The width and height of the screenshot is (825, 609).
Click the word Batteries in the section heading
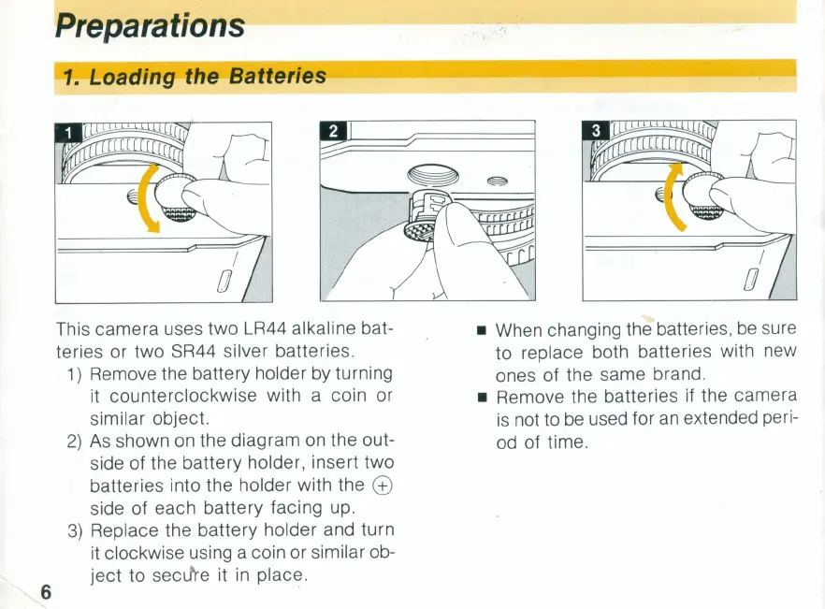[x=279, y=76]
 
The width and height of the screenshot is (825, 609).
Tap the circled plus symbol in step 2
[x=383, y=485]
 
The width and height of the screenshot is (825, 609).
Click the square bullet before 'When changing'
[x=481, y=331]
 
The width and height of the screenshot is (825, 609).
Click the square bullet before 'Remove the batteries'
[x=481, y=397]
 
